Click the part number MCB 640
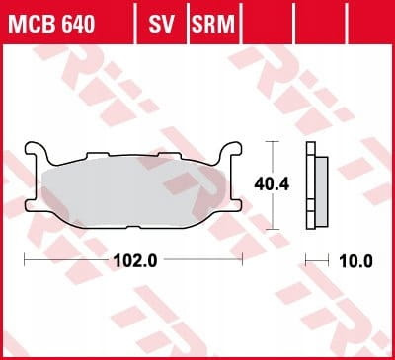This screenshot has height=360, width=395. (51, 24)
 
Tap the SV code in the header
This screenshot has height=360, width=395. (161, 24)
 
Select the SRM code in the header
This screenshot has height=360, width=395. (213, 24)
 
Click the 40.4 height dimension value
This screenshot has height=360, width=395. (272, 184)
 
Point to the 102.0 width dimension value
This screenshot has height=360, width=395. (135, 261)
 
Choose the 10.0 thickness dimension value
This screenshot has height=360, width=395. (356, 262)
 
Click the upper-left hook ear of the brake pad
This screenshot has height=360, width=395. (36, 151)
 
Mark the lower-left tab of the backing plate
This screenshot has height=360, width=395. (33, 206)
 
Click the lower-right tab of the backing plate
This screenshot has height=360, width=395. (235, 205)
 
